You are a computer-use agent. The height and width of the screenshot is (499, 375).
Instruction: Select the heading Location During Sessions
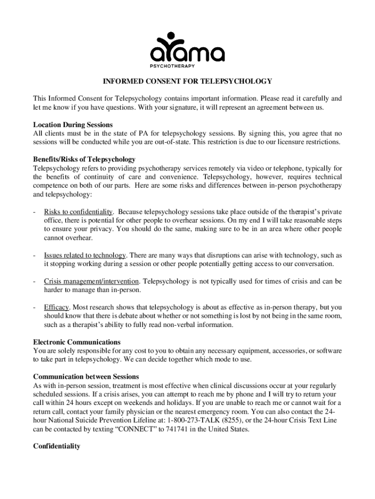click(x=73, y=125)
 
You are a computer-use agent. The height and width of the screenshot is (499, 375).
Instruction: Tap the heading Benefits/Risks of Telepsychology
click(x=84, y=159)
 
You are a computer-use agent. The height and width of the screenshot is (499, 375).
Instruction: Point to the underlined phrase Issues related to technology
click(x=85, y=255)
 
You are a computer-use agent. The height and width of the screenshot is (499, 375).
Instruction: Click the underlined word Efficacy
click(x=57, y=307)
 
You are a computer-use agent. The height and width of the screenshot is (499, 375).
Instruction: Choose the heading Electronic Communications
click(x=77, y=342)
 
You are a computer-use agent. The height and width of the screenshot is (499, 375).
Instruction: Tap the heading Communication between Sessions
click(x=86, y=377)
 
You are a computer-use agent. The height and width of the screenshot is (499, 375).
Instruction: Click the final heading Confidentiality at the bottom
click(x=56, y=446)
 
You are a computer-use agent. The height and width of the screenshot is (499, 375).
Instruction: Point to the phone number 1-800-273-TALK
click(x=196, y=421)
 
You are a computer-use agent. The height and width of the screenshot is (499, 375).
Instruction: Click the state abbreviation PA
click(x=143, y=133)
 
